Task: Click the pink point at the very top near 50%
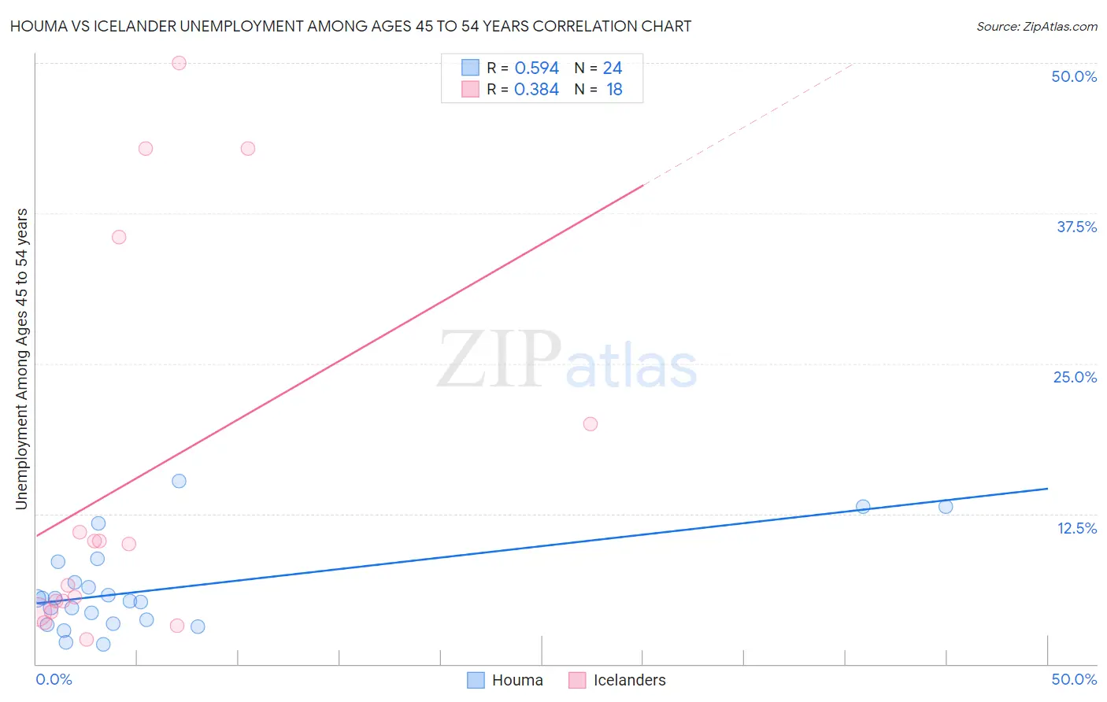(179, 63)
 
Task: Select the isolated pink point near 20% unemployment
(590, 423)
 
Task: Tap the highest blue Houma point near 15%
(179, 481)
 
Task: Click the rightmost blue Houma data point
(946, 506)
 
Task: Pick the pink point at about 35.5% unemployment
(119, 237)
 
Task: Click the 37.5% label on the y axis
(1076, 227)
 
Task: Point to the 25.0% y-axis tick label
(1075, 377)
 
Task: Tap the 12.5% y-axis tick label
(1076, 528)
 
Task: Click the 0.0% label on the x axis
(54, 679)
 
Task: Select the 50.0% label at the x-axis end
(1074, 679)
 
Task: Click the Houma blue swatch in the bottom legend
(476, 680)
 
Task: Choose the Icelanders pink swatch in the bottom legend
(577, 680)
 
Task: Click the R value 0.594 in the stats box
(536, 68)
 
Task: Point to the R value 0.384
(536, 89)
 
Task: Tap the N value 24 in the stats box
(613, 68)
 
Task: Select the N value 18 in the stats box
(614, 89)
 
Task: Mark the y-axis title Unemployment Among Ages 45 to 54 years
(22, 359)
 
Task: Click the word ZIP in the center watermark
(499, 360)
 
